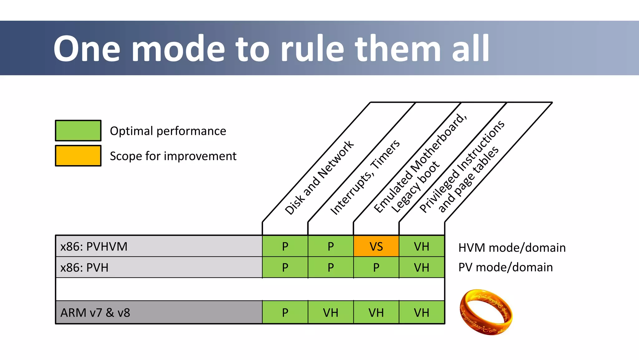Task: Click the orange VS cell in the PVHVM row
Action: pos(376,246)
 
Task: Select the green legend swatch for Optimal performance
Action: pos(78,131)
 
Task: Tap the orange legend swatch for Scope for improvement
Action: pos(78,155)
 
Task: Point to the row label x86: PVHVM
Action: pos(94,247)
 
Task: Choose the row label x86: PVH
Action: pos(84,268)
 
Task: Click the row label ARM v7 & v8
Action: pos(95,313)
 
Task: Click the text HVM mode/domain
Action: pos(512,248)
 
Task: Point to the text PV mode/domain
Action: pos(505,267)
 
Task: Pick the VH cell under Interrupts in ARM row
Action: pos(330,313)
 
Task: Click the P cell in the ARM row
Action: pos(285,313)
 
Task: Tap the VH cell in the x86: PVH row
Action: pos(422,268)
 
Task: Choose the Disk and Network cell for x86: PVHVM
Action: pos(285,246)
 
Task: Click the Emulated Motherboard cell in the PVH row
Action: pos(376,268)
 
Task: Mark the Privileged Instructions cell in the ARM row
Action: pos(422,313)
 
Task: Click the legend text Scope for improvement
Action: pos(173,156)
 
